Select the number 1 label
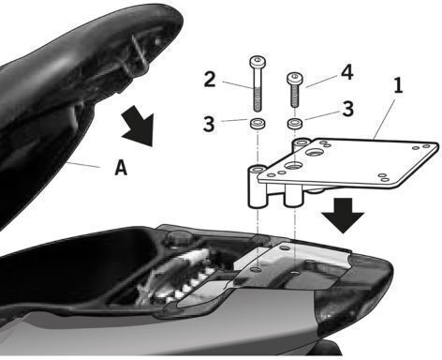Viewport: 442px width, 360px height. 397,85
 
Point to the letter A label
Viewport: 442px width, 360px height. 121,167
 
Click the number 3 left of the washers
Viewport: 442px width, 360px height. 209,124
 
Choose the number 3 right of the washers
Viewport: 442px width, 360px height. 347,109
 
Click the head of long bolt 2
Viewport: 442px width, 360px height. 258,62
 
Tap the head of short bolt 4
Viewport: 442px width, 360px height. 295,78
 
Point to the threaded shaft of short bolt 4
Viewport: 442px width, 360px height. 295,96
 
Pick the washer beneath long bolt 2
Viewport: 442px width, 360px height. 258,123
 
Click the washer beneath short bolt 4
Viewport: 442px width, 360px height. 294,123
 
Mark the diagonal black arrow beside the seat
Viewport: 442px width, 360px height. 139,126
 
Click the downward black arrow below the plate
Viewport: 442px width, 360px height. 343,216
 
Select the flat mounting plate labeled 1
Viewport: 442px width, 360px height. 347,163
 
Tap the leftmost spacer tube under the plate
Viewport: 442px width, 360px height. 257,187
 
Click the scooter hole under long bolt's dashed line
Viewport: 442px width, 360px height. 257,269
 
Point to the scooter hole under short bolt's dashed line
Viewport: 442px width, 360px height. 294,273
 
